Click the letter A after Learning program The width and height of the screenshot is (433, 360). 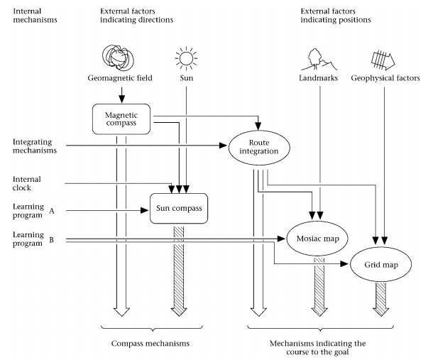51,210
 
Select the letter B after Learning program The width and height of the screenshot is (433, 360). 51,241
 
